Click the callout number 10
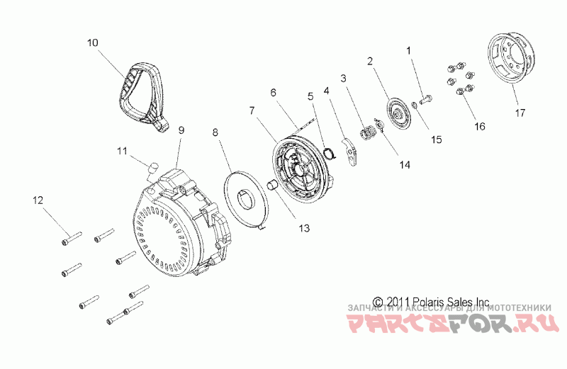click(x=92, y=42)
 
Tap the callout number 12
click(x=38, y=201)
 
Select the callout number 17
click(x=520, y=111)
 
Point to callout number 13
click(x=305, y=228)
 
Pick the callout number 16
click(x=480, y=126)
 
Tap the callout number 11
click(x=121, y=150)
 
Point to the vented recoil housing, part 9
click(x=177, y=227)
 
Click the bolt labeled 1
click(x=427, y=99)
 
